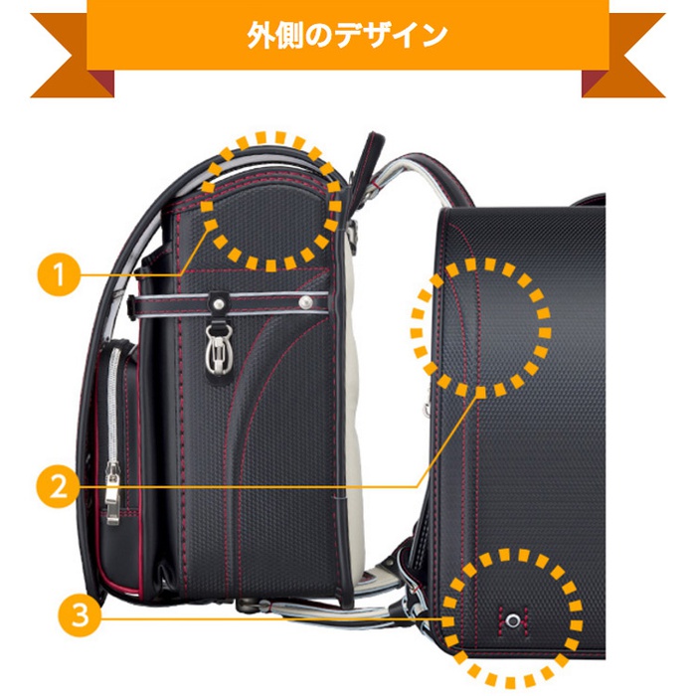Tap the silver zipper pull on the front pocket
(112, 497)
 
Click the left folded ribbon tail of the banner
(75, 84)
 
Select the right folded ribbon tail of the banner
(621, 84)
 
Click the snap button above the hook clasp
(218, 296)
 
